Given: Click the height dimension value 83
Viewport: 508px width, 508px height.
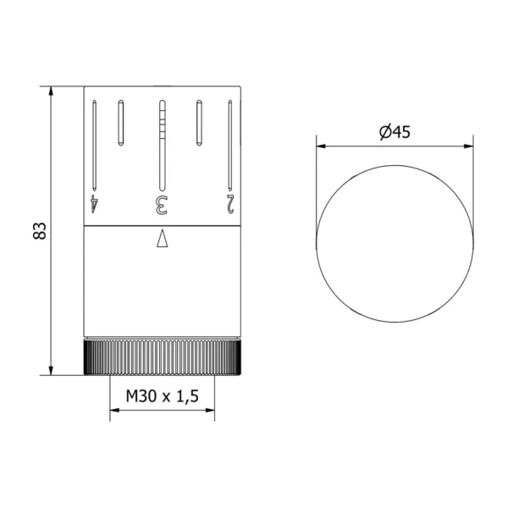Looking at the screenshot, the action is [40, 230].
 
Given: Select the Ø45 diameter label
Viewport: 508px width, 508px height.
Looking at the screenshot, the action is [395, 132].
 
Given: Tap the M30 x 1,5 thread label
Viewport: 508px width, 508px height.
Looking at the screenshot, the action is [162, 396].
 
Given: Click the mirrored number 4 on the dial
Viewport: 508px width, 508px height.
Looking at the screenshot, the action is [94, 204].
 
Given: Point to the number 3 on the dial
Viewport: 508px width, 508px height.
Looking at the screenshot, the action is [162, 205].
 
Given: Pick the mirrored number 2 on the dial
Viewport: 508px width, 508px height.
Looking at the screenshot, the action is [230, 204].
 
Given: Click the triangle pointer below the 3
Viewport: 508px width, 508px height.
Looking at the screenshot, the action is [162, 238].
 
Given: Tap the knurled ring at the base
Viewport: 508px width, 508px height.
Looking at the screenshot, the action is [162, 356].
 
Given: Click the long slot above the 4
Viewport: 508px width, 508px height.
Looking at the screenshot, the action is [94, 146].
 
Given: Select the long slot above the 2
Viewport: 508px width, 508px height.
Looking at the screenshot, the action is [230, 146].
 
